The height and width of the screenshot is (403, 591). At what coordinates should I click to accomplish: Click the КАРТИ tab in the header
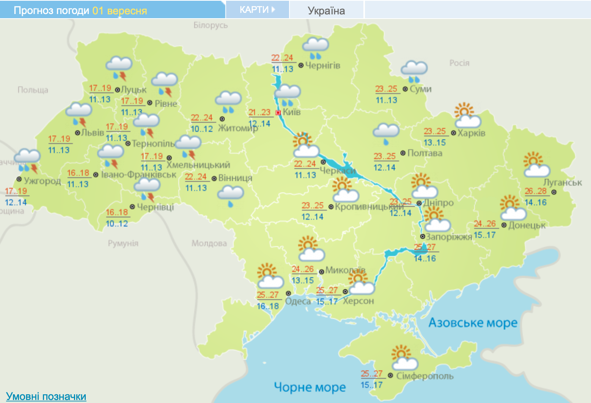pyautogui.click(x=257, y=9)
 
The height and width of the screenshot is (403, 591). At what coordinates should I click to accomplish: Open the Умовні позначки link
pyautogui.click(x=46, y=396)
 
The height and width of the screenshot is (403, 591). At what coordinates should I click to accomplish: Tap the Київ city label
pyautogui.click(x=292, y=112)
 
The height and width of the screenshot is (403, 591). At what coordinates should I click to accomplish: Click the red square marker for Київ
pyautogui.click(x=278, y=112)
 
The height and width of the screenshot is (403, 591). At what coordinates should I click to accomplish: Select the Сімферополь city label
pyautogui.click(x=425, y=376)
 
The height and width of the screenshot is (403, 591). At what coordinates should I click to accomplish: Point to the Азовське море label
pyautogui.click(x=473, y=323)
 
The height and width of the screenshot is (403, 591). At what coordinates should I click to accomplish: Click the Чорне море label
pyautogui.click(x=310, y=387)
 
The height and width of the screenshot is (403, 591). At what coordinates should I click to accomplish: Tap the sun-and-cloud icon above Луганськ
pyautogui.click(x=536, y=165)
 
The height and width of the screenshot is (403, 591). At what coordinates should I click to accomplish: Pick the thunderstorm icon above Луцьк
pyautogui.click(x=119, y=69)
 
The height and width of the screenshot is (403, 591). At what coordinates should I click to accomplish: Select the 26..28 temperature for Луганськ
pyautogui.click(x=536, y=191)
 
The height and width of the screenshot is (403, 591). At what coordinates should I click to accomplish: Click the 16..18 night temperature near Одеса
pyautogui.click(x=268, y=306)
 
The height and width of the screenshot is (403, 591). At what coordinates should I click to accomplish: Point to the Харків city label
pyautogui.click(x=471, y=133)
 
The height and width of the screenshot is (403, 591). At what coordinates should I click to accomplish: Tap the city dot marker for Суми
pyautogui.click(x=405, y=89)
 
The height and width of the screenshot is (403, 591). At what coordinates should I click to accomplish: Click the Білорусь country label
pyautogui.click(x=211, y=25)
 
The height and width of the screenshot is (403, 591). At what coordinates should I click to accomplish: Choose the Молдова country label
pyautogui.click(x=209, y=243)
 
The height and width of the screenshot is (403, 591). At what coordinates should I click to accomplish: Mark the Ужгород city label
pyautogui.click(x=42, y=181)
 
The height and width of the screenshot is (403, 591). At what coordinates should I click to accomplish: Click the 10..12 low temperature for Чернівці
pyautogui.click(x=117, y=223)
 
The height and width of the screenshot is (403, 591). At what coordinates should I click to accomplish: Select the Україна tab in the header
pyautogui.click(x=326, y=10)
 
